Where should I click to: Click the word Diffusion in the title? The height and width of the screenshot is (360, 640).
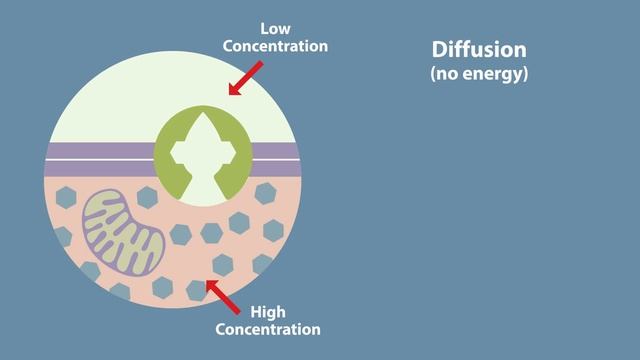point(478,50)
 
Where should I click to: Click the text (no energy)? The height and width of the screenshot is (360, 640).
point(478,74)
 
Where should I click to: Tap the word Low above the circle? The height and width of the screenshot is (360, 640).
point(275,28)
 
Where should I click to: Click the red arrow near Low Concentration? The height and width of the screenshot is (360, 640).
point(246,78)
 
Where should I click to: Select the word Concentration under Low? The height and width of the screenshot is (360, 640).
point(275,45)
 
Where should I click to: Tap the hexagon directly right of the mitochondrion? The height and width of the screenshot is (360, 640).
point(181,235)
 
